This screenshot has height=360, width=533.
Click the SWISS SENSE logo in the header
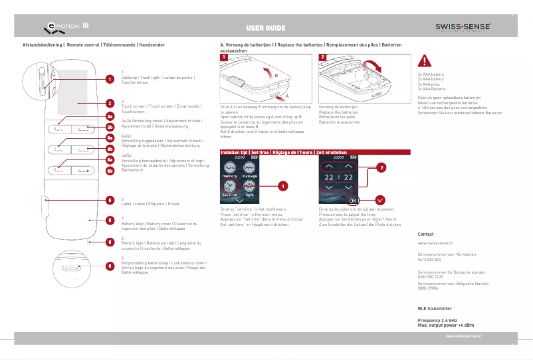pyautogui.click(x=463, y=27)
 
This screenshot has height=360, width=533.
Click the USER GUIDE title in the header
pyautogui.click(x=266, y=28)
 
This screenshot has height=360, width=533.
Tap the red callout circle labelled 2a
pyautogui.click(x=110, y=116)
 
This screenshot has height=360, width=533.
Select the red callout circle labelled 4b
pyautogui.click(x=110, y=149)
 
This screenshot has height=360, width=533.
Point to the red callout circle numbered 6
pyautogui.click(x=109, y=199)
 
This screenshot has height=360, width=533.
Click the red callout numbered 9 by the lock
pyautogui.click(x=109, y=266)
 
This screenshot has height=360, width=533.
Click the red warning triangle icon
pyautogui.click(x=423, y=62)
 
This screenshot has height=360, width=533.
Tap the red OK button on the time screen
pyautogui.click(x=353, y=200)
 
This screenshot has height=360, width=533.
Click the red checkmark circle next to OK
pyautogui.click(x=380, y=199)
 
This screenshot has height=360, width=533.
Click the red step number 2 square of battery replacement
pyautogui.click(x=323, y=58)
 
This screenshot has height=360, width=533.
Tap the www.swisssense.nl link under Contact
pyautogui.click(x=431, y=244)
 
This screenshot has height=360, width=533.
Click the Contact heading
pyautogui.click(x=425, y=234)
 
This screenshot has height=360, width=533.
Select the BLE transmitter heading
pyautogui.click(x=434, y=309)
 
